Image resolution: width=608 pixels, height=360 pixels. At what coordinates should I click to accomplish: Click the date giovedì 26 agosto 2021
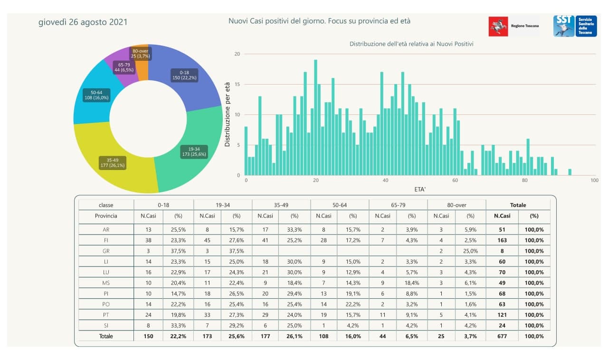tap(83, 22)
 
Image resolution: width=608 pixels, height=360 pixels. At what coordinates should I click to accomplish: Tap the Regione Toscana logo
tap(514, 26)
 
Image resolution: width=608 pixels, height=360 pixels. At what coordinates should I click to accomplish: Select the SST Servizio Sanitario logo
tap(575, 26)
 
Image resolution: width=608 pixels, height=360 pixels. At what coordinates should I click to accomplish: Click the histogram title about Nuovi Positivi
tap(411, 44)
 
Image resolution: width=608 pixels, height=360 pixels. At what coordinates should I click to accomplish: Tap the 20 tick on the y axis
tap(237, 54)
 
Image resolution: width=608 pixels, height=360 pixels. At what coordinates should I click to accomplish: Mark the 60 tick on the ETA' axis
tap(455, 181)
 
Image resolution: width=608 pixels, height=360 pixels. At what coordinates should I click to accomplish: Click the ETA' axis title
tap(420, 189)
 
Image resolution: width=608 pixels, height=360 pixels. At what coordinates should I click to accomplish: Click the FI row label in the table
tap(106, 240)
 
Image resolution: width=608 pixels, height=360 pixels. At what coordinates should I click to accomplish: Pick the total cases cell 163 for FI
tap(502, 240)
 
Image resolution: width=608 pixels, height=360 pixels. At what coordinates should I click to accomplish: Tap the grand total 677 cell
tap(502, 336)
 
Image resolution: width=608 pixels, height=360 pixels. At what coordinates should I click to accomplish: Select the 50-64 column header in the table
tap(339, 205)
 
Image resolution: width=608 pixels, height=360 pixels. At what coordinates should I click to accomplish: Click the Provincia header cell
tap(106, 216)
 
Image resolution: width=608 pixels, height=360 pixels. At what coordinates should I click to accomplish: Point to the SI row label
tap(106, 326)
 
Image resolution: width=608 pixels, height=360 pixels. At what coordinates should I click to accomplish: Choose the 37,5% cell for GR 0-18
tap(178, 251)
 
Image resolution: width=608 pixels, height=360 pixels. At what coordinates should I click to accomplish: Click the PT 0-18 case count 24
tap(148, 315)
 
